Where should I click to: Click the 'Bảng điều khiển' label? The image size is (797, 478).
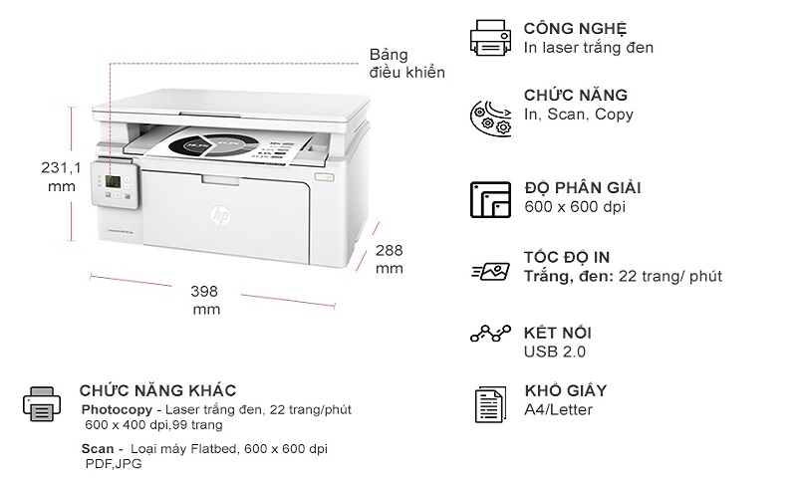pos(406,63)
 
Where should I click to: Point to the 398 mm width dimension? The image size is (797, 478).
pos(205,300)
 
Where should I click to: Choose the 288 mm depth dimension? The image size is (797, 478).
pos(389,259)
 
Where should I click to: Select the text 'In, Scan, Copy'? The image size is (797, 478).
pos(578,115)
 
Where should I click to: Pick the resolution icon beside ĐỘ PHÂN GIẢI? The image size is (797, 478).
pos(490,198)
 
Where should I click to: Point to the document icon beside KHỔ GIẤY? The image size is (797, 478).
pos(489,403)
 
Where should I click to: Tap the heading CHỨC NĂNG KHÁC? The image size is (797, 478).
pos(157,390)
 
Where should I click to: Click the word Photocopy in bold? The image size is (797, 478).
pos(116,409)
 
